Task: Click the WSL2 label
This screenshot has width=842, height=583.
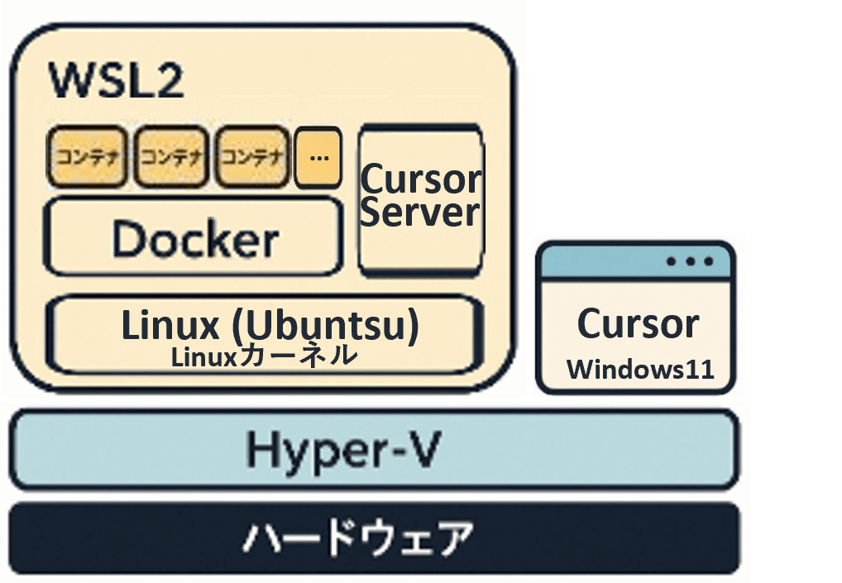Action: pyautogui.click(x=116, y=82)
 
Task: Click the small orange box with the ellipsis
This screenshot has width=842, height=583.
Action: pyautogui.click(x=318, y=156)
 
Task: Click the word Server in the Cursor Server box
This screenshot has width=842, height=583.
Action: pyautogui.click(x=420, y=212)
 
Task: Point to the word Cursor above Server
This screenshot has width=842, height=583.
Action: pyautogui.click(x=420, y=179)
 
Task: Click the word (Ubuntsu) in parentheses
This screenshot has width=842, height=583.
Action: pyautogui.click(x=323, y=326)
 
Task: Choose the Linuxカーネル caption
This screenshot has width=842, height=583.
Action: pyautogui.click(x=264, y=356)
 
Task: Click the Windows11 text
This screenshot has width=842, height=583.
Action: pyautogui.click(x=639, y=369)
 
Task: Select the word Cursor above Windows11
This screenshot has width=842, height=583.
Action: pyautogui.click(x=638, y=323)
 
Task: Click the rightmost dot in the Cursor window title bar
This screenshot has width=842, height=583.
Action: pyautogui.click(x=709, y=262)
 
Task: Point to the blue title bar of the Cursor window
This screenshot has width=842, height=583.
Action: pyautogui.click(x=604, y=263)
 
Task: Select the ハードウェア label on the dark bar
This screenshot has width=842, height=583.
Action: pyautogui.click(x=358, y=538)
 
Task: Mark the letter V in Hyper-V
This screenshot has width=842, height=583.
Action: pyautogui.click(x=422, y=450)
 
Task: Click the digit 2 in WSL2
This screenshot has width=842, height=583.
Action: pyautogui.click(x=167, y=82)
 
